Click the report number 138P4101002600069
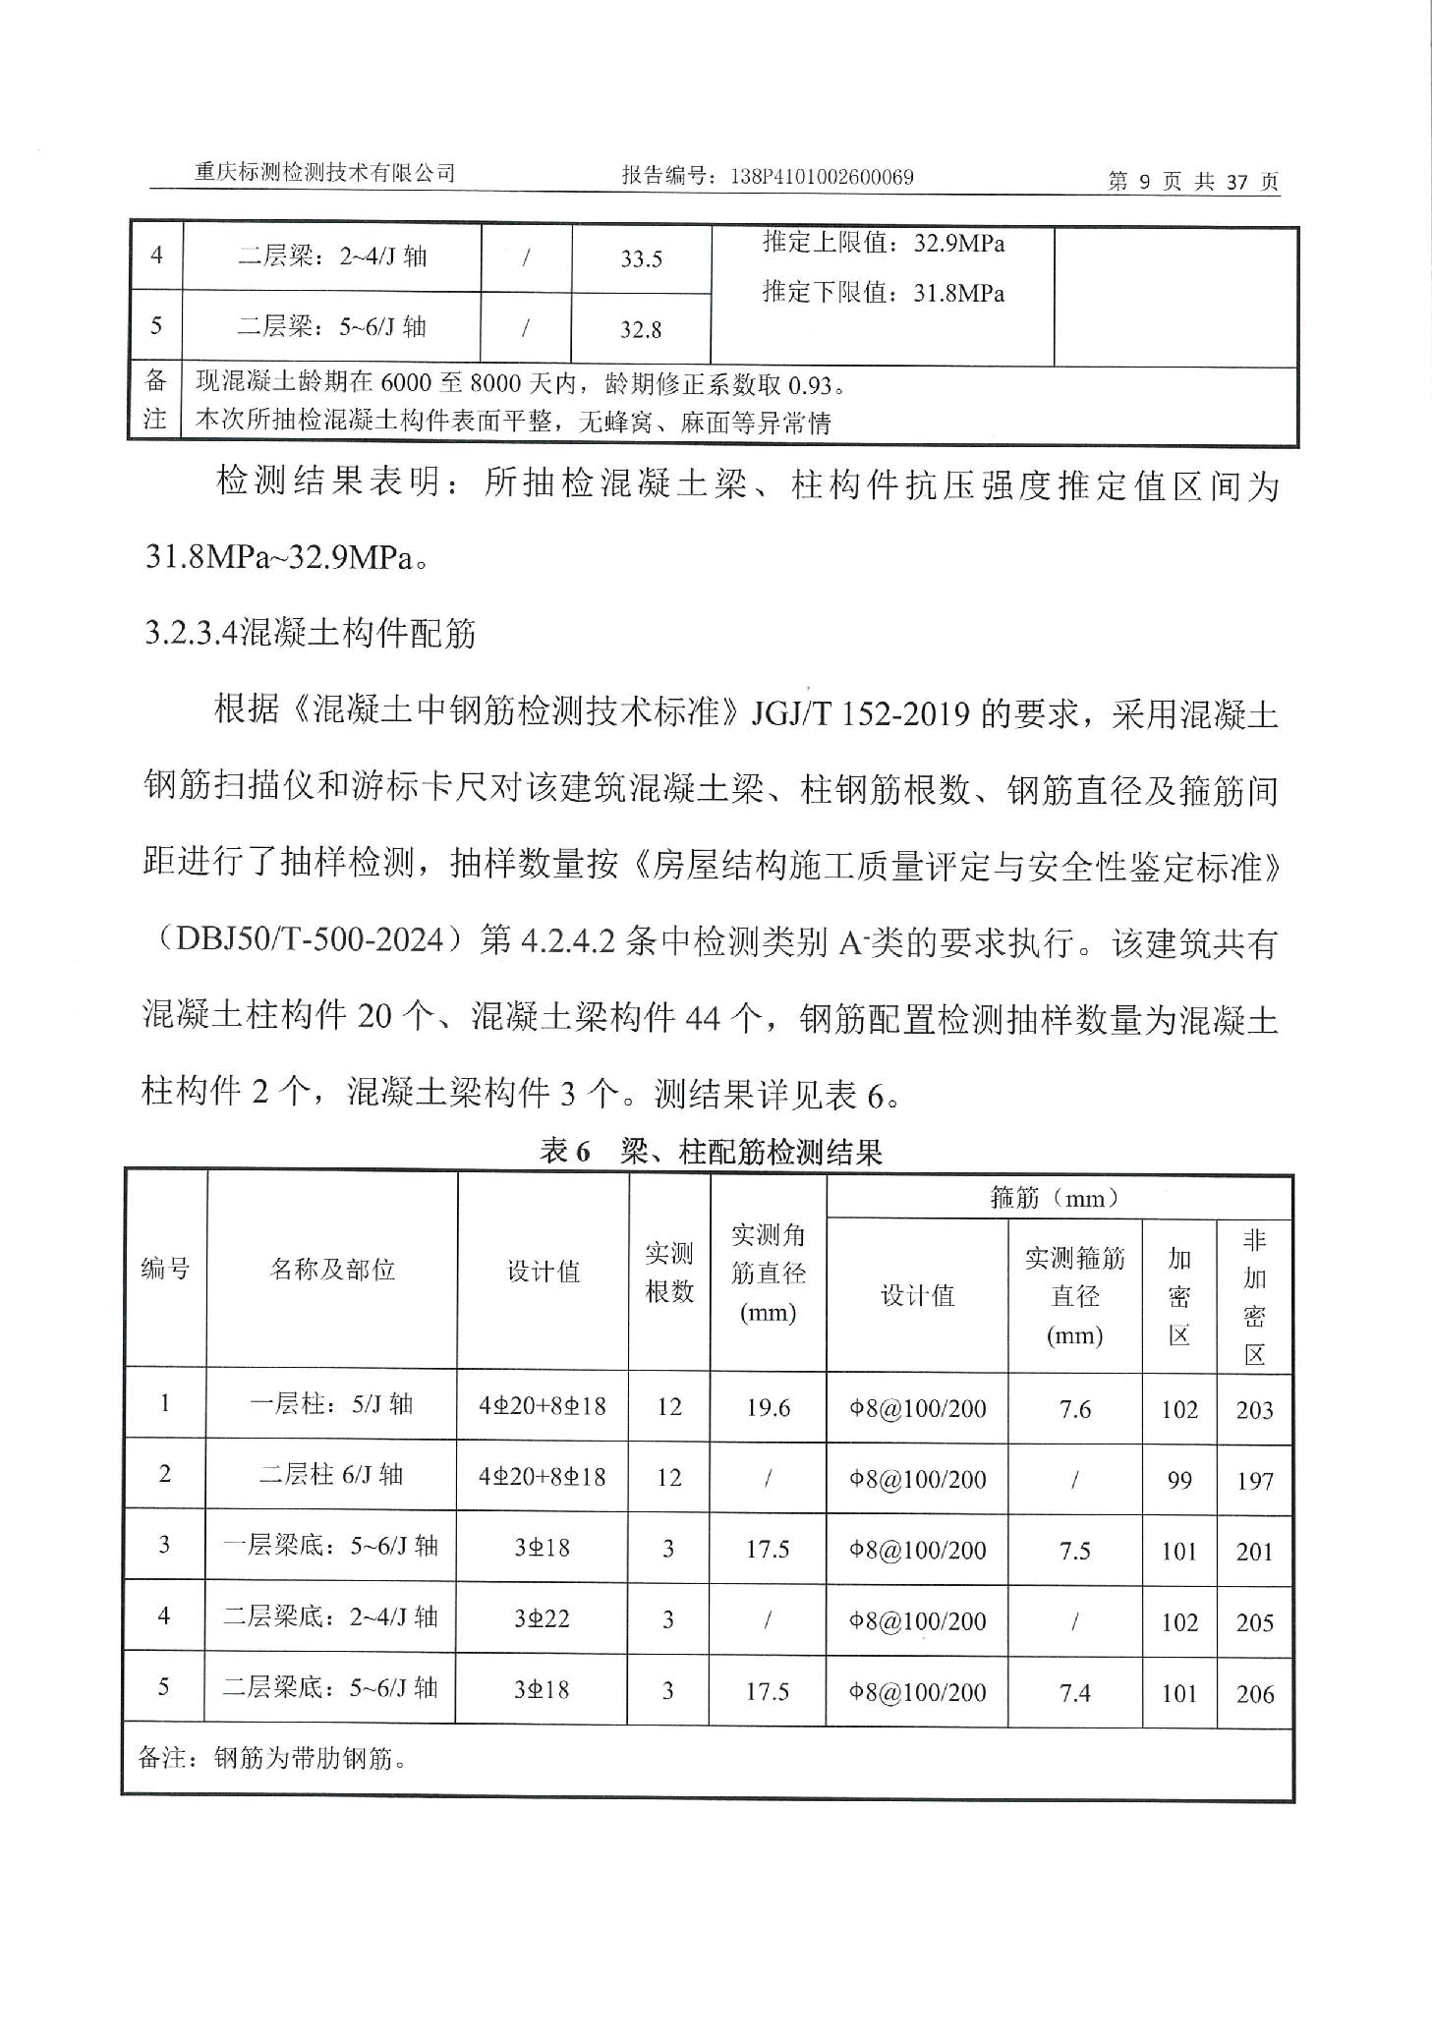[x=823, y=177]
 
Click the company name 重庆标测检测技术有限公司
[x=325, y=173]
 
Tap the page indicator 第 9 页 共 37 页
[x=1193, y=182]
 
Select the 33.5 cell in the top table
[x=641, y=259]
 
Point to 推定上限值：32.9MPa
[x=884, y=244]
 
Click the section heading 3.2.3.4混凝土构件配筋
[x=311, y=634]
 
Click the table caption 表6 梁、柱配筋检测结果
[x=711, y=1152]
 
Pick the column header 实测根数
[x=668, y=1272]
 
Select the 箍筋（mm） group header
[x=1059, y=1198]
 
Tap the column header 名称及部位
[x=332, y=1270]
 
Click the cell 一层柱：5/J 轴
[x=332, y=1404]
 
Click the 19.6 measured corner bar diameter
[x=768, y=1408]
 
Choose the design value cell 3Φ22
[x=542, y=1618]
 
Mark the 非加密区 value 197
[x=1254, y=1481]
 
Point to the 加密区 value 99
[x=1179, y=1480]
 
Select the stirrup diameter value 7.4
[x=1075, y=1692]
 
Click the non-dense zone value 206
[x=1254, y=1693]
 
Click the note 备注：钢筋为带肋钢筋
[x=273, y=1759]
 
